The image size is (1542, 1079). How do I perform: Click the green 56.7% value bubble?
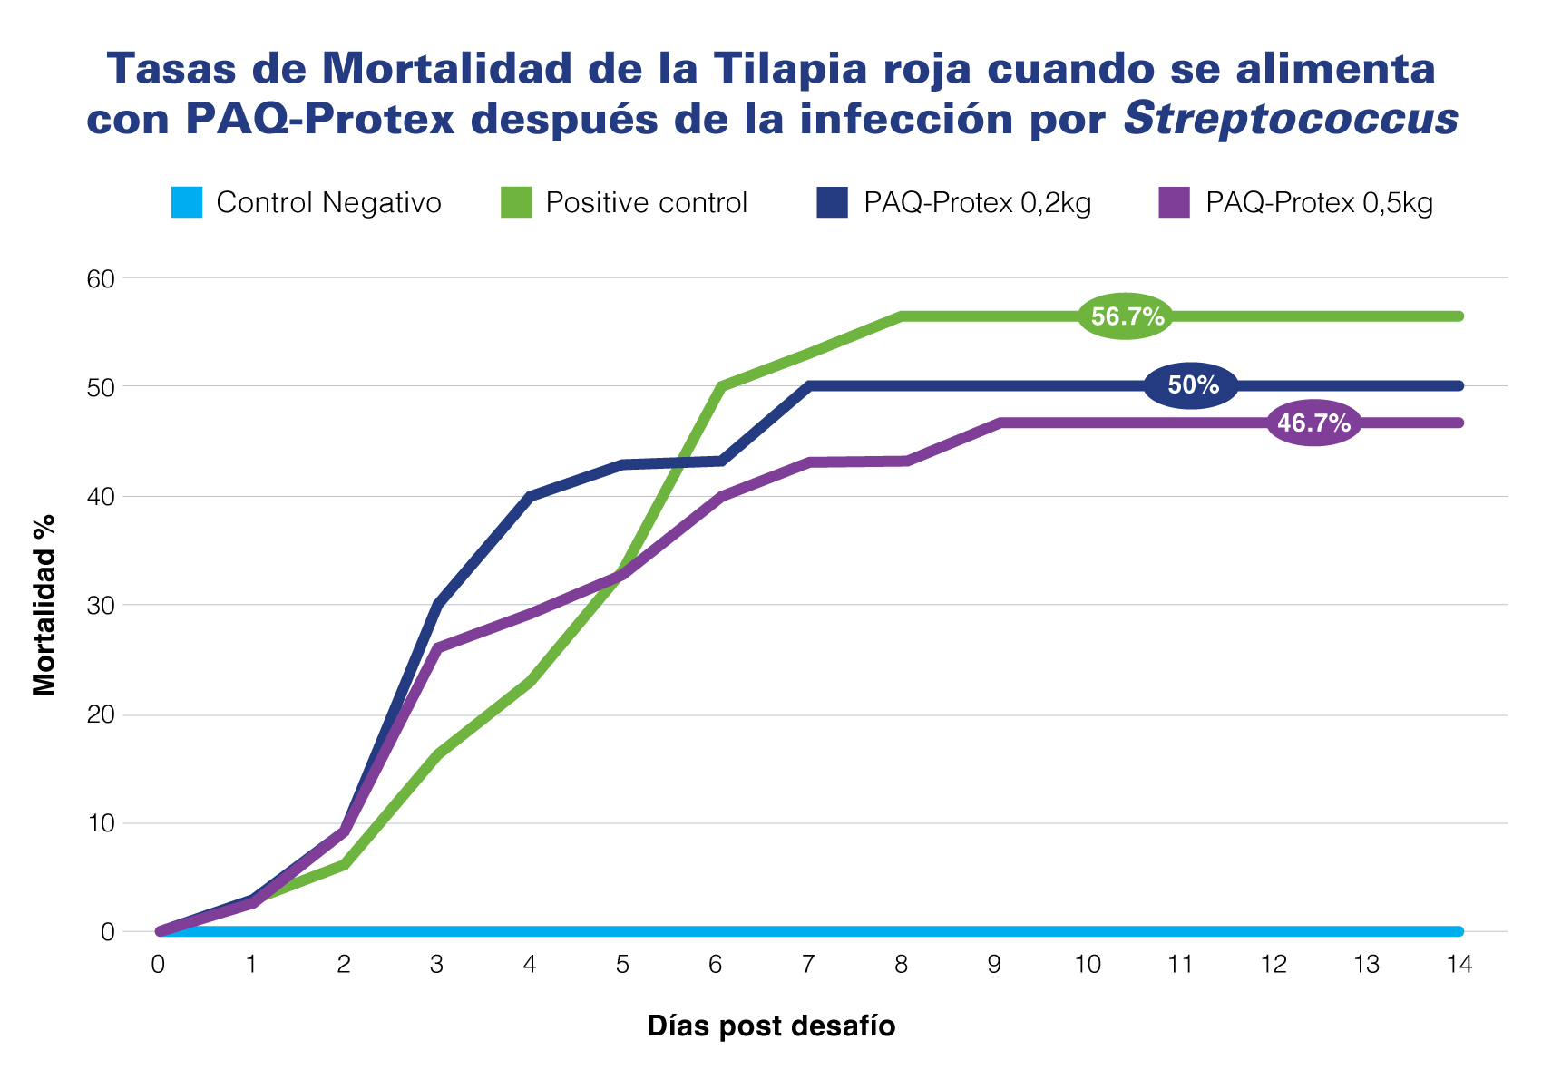pyautogui.click(x=1127, y=316)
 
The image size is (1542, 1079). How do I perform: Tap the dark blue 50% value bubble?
pyautogui.click(x=1192, y=385)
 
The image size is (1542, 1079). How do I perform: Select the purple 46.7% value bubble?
pyautogui.click(x=1313, y=423)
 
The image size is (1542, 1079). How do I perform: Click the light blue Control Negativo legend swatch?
pyautogui.click(x=186, y=202)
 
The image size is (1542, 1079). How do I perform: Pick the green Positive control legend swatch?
pyautogui.click(x=516, y=202)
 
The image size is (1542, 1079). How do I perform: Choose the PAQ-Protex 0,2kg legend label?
pyautogui.click(x=978, y=202)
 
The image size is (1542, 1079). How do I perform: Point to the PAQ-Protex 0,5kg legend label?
pyautogui.click(x=1319, y=202)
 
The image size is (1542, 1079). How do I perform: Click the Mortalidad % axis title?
pyautogui.click(x=44, y=606)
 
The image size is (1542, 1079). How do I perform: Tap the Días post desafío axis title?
pyautogui.click(x=771, y=1026)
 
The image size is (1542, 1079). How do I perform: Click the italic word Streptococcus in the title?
pyautogui.click(x=1291, y=119)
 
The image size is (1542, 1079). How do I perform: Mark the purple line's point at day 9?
pyautogui.click(x=1000, y=423)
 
